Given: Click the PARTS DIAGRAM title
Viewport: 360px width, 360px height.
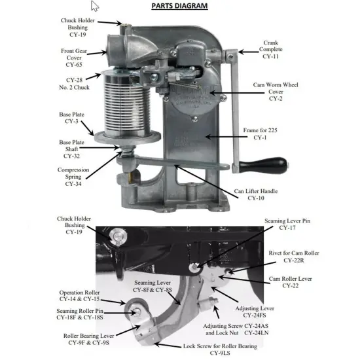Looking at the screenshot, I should click(179, 7).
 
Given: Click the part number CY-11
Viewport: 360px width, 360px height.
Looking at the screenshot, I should click(270, 57).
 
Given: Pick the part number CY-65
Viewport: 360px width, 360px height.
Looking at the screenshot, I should click(73, 65).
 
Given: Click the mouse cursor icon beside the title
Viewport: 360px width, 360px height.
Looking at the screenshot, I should click(95, 7).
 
